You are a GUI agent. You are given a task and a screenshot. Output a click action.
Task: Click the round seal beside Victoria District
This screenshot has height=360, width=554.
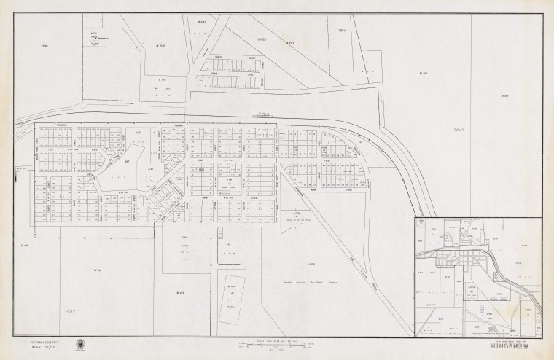click(79, 344)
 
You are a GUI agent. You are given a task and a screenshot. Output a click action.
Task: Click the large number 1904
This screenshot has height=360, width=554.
click(459, 130)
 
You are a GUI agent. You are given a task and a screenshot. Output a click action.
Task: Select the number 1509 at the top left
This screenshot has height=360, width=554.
click(44, 46)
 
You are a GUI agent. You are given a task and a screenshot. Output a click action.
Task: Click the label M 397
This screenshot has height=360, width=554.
click(424, 74)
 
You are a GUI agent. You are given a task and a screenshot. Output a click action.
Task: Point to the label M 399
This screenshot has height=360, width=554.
click(504, 95)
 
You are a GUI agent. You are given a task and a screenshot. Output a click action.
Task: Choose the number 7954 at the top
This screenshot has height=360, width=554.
click(341, 31)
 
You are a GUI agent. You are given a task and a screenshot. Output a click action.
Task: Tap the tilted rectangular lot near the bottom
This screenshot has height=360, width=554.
click(233, 299)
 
